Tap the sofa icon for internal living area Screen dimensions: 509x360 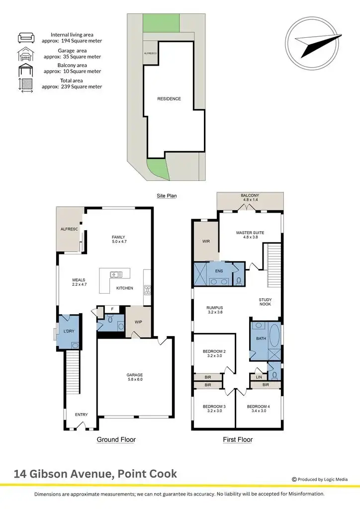pyautogui.click(x=25, y=37)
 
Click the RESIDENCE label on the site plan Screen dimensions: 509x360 pyautogui.click(x=169, y=99)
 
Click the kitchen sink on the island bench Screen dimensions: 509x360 pyautogui.click(x=115, y=273)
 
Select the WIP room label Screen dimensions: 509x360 pyautogui.click(x=138, y=322)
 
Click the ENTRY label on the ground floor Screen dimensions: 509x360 pyautogui.click(x=81, y=415)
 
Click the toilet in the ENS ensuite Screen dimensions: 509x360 pyautogui.click(x=238, y=281)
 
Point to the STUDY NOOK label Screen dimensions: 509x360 pyautogui.click(x=265, y=303)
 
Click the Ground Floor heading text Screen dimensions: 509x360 pyautogui.click(x=116, y=439)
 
